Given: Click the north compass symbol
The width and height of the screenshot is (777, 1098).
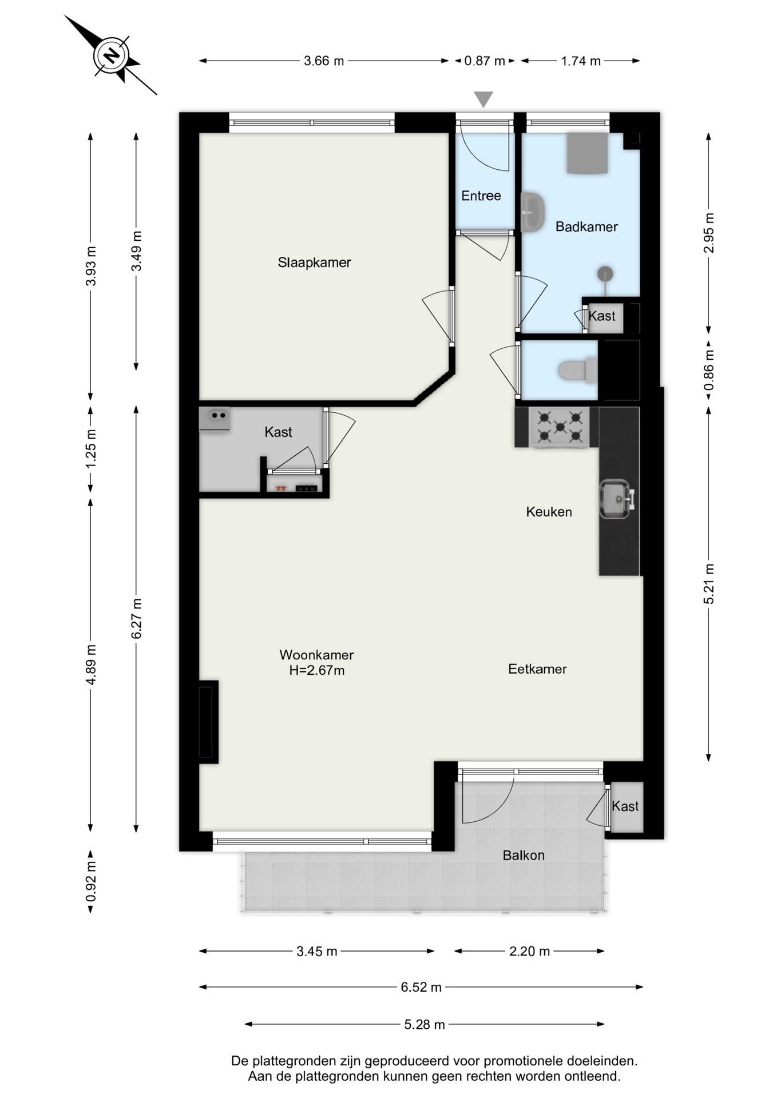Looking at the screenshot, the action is click(x=112, y=55).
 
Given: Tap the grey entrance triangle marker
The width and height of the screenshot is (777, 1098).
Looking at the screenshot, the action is click(x=483, y=99).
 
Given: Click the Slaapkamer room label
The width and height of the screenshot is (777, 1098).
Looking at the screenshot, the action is click(x=314, y=262).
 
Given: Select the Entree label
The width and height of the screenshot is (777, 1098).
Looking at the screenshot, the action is click(x=481, y=196).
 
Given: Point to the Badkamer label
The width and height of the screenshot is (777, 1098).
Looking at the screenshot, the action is click(x=586, y=226).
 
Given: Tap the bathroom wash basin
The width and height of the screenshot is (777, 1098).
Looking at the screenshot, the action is click(x=532, y=212).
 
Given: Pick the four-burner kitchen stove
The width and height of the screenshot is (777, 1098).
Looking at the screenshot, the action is click(x=560, y=427).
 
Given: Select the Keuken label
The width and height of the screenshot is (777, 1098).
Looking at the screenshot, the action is click(x=549, y=512).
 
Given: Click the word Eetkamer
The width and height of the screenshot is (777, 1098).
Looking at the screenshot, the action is click(x=537, y=669).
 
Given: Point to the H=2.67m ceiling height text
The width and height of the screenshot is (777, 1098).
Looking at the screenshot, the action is click(x=317, y=670).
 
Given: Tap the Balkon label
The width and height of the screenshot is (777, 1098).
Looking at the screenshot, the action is click(x=524, y=855).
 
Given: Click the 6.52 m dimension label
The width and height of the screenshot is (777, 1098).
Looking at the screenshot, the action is click(x=421, y=987).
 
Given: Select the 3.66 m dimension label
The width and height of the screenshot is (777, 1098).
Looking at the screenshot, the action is click(x=324, y=61).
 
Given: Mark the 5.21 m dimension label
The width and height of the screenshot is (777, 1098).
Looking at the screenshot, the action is click(x=709, y=584).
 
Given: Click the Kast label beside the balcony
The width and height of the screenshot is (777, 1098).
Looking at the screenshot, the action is click(x=625, y=806).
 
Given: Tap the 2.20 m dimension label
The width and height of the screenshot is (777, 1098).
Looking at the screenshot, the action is click(x=529, y=951).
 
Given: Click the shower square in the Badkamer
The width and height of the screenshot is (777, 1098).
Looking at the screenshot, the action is click(x=587, y=153).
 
